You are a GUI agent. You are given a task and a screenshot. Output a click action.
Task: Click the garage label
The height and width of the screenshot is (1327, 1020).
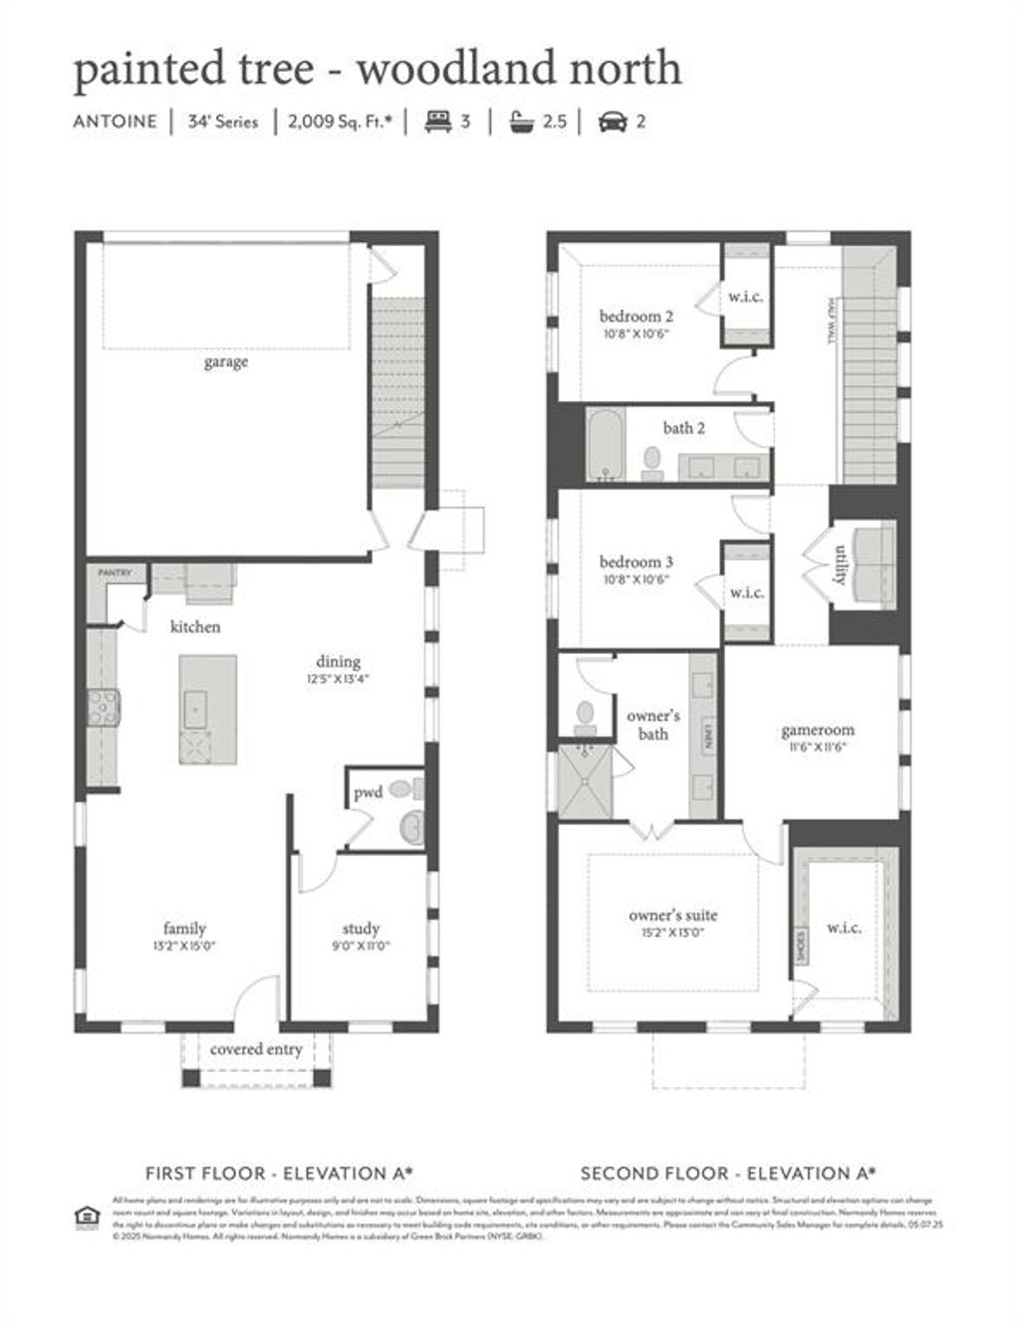coord(225,362)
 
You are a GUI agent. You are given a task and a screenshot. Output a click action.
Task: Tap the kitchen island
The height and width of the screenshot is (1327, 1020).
coord(208,709)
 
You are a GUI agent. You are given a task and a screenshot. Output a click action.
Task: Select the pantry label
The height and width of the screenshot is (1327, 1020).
coord(115,573)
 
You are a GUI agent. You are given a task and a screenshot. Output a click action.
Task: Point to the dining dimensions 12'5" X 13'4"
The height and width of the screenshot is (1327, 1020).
coord(339,680)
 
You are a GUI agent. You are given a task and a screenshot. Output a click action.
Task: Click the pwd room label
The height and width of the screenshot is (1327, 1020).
coord(368,793)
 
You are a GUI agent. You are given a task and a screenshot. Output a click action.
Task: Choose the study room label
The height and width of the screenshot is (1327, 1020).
coord(360,929)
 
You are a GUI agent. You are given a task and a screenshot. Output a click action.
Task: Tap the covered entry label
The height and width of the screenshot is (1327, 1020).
coord(256,1049)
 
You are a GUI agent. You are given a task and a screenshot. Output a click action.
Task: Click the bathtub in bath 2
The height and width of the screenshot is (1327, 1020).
coord(604,446)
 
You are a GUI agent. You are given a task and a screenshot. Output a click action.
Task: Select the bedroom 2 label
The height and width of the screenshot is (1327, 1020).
coord(636,317)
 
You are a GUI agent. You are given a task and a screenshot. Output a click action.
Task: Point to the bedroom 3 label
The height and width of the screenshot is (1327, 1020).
coord(636,562)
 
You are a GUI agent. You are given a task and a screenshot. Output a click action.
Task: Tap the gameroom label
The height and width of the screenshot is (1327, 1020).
coord(817,730)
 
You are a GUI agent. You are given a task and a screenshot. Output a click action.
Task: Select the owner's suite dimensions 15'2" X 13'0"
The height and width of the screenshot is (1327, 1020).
coord(672,933)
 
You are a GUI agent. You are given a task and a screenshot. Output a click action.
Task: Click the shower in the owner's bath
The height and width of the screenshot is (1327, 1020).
coord(585,781)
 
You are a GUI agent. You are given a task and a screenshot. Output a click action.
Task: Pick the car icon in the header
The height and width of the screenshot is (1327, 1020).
coord(611,121)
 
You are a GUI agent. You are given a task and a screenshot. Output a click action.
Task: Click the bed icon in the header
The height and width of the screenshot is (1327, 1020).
coord(438,121)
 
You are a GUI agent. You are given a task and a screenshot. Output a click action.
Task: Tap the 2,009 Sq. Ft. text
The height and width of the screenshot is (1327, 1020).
coord(340,121)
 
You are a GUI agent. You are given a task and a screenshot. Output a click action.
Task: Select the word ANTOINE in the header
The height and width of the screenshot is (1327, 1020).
coord(115,121)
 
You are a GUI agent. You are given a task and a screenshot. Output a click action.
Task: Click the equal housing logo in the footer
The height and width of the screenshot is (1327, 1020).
coord(88,1216)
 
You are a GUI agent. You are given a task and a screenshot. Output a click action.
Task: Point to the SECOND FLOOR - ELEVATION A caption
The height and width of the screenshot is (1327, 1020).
coord(727,1174)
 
